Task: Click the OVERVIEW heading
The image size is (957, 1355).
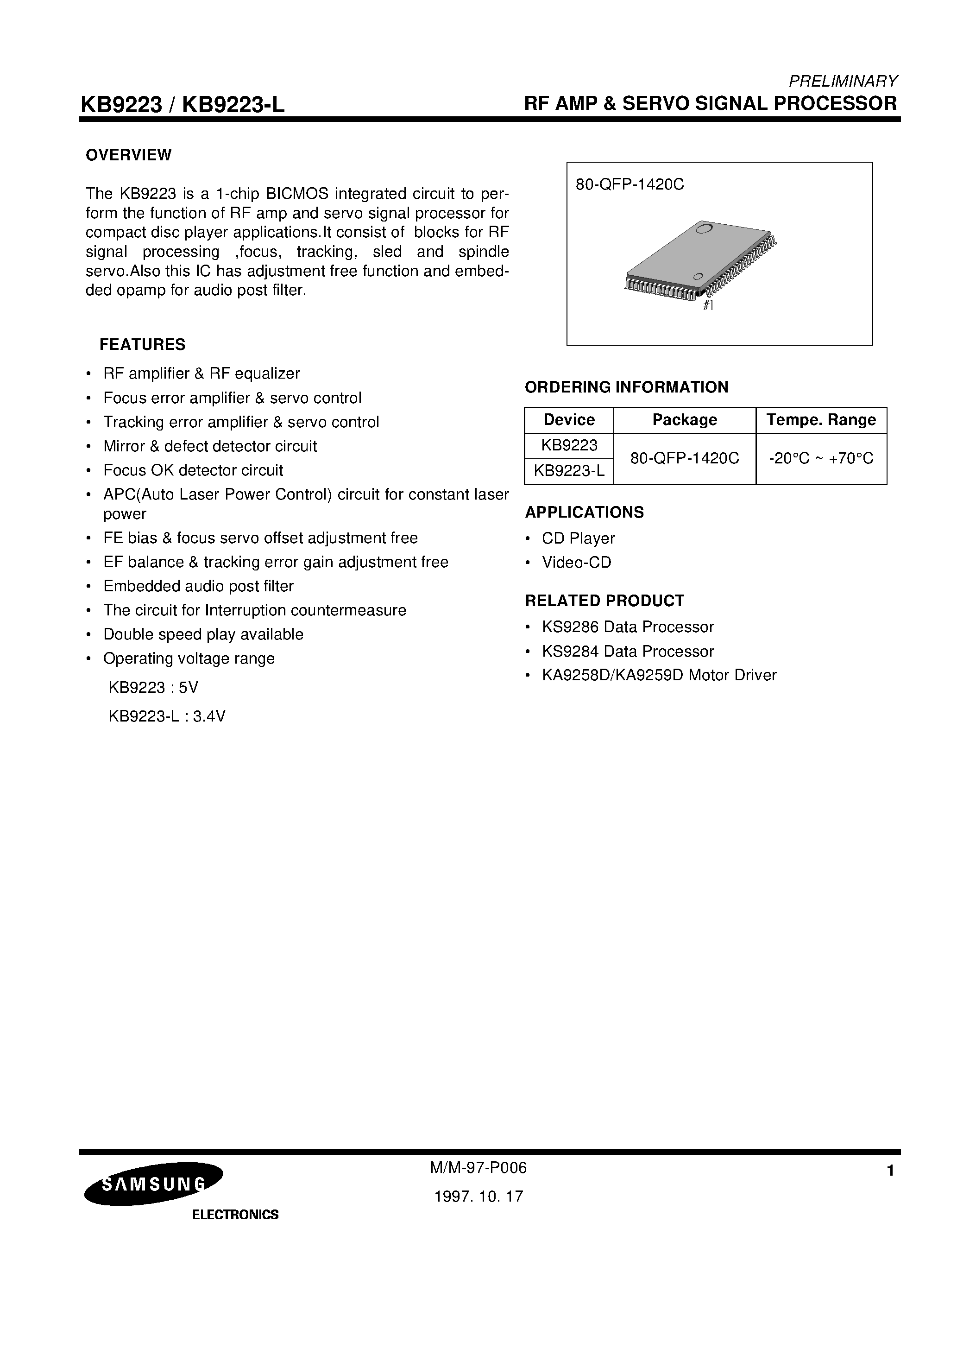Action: (129, 155)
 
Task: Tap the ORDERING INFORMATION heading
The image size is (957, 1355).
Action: (627, 387)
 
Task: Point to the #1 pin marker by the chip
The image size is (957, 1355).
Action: (708, 306)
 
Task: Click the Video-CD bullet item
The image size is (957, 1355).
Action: (576, 563)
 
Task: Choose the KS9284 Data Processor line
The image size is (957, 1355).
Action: (628, 652)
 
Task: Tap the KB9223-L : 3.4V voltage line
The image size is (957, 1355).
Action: (167, 716)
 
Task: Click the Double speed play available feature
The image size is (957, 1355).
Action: (203, 634)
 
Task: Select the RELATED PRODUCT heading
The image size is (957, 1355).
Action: (604, 601)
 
